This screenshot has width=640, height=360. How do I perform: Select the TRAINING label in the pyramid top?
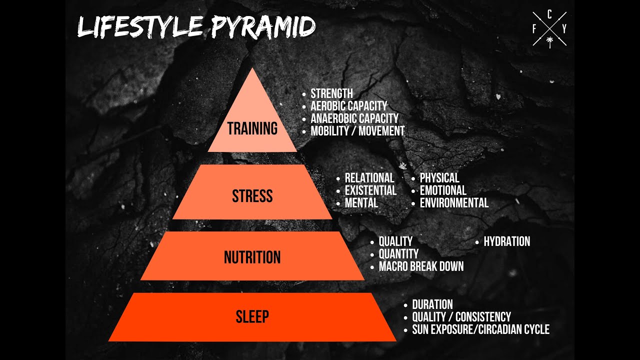coord(252,128)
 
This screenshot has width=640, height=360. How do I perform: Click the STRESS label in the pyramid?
coord(252,196)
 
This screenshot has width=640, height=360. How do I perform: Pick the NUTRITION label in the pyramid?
coord(252,257)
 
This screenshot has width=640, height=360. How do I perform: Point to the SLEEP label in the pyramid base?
coord(252,316)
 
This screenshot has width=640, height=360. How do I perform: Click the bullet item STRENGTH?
coord(331,93)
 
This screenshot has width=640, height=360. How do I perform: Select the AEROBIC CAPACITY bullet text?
coord(348,106)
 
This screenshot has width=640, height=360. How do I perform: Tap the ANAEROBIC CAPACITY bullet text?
coord(354,118)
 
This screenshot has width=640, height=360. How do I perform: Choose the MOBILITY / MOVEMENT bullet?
coord(357,131)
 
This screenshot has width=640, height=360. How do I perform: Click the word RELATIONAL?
coord(369,178)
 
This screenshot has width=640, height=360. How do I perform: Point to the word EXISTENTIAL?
coord(370,190)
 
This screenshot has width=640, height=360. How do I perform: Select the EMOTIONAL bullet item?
coord(443,190)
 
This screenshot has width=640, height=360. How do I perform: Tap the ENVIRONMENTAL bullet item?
coord(454,203)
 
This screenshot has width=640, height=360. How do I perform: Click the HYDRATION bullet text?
coord(506,241)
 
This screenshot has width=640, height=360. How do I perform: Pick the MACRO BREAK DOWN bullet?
coord(421,266)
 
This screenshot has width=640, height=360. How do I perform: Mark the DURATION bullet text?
coord(432,304)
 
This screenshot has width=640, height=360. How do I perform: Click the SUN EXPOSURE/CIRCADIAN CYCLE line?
coord(480,329)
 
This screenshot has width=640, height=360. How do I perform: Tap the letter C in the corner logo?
coord(549,15)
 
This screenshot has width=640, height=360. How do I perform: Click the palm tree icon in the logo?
coord(549,41)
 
